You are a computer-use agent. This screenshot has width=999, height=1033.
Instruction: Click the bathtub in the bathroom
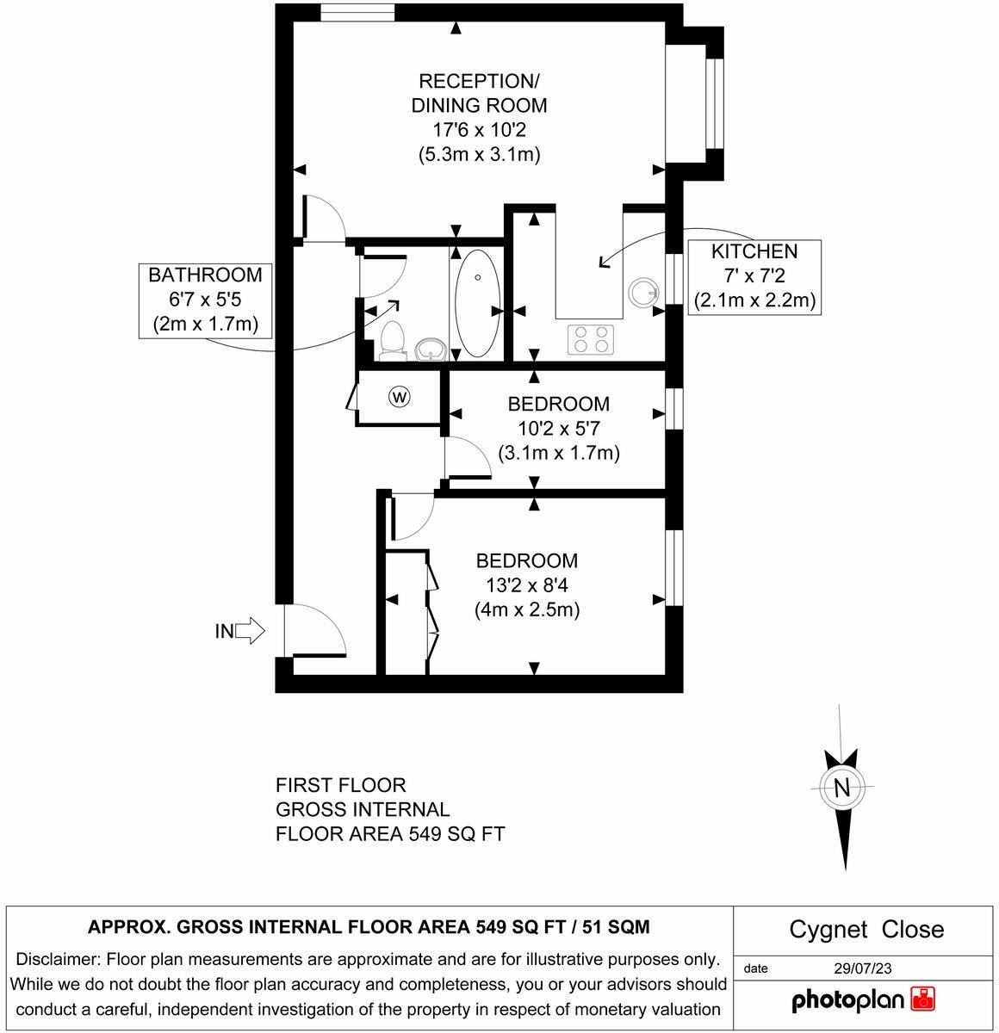click(476, 303)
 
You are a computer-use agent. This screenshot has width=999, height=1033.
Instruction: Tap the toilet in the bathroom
click(392, 340)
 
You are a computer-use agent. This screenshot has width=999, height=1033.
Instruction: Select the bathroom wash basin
click(430, 349)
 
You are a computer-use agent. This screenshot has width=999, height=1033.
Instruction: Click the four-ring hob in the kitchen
click(591, 338)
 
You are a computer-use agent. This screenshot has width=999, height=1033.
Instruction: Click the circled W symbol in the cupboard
click(400, 397)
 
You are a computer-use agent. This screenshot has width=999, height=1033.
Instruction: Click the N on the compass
click(841, 788)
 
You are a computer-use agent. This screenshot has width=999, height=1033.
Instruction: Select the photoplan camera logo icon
click(922, 999)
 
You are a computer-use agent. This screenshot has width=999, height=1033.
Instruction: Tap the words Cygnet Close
click(866, 930)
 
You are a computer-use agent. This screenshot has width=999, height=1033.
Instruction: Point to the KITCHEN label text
click(754, 252)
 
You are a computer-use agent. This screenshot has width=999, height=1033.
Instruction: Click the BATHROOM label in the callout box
click(205, 275)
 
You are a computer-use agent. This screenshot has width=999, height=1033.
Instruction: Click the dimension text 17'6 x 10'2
click(479, 131)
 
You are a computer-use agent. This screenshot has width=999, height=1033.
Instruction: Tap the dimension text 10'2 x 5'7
click(558, 428)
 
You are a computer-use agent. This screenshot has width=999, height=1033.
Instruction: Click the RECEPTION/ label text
click(479, 82)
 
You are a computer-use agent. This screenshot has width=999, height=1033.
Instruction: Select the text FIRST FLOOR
click(340, 785)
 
